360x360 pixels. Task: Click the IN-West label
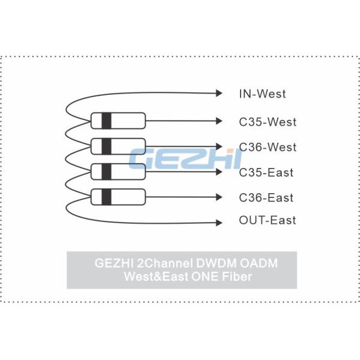pos(262,94)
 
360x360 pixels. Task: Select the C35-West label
pos(268,122)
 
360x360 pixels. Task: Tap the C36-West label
pos(268,147)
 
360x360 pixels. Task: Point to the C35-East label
pos(266,173)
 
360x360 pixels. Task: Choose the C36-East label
pos(266,197)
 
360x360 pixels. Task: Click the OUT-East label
pos(268,220)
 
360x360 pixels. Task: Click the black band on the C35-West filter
pos(106,121)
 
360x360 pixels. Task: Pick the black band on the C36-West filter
pos(106,146)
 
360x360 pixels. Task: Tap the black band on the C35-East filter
pos(106,172)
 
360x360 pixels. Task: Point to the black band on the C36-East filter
pos(106,196)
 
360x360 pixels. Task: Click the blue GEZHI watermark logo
pos(185,159)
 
